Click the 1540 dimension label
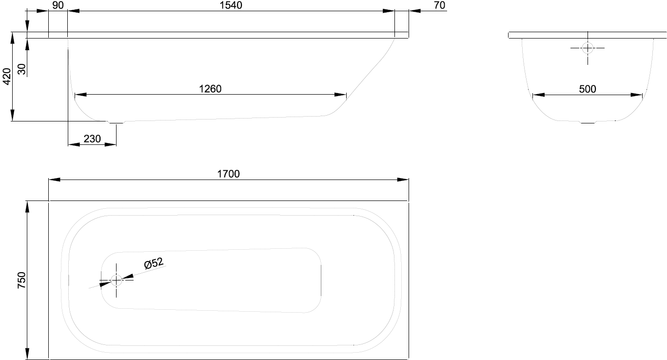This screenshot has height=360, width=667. [231, 5]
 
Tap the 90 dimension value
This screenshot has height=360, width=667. [58, 5]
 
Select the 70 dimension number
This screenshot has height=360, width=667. [439, 5]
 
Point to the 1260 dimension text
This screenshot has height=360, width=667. [211, 89]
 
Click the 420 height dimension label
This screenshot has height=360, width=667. [7, 76]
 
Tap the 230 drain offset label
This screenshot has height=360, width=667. [92, 139]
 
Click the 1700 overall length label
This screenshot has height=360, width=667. [228, 174]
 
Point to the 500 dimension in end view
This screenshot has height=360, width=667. [587, 89]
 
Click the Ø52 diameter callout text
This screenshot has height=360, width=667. [153, 263]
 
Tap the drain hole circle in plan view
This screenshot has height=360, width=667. [117, 280]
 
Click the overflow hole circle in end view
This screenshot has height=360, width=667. [588, 48]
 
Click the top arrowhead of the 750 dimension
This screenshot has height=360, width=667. [28, 207]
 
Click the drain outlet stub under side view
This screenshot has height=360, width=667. [115, 122]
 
